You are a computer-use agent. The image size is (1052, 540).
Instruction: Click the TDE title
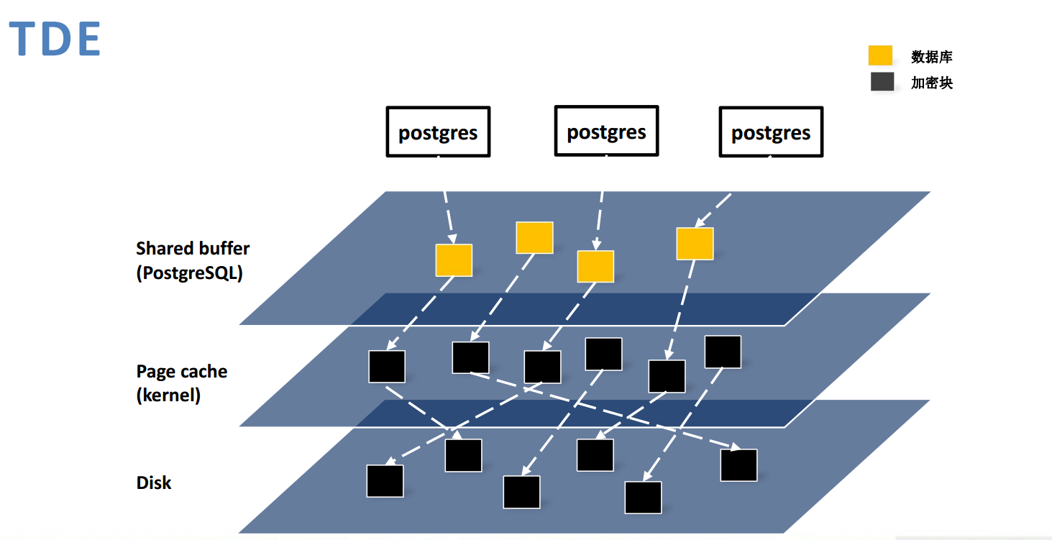[55, 40]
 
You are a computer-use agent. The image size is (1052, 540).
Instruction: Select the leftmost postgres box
[438, 132]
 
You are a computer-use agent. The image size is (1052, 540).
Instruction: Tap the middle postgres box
[606, 131]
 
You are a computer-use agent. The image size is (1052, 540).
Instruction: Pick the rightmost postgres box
[771, 132]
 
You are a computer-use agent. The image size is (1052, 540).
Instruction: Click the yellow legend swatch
[880, 56]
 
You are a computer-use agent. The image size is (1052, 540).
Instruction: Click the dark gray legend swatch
[882, 82]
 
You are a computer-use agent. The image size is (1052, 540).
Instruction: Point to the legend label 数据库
[931, 57]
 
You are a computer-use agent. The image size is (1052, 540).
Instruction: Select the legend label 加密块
[931, 83]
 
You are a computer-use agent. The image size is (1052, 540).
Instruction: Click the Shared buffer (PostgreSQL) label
[193, 260]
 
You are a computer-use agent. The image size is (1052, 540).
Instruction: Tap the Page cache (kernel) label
[181, 383]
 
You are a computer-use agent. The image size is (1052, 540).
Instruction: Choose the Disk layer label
[154, 482]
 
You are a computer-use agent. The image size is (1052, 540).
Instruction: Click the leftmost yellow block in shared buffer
[454, 260]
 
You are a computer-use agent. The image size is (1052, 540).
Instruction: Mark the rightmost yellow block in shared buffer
[695, 244]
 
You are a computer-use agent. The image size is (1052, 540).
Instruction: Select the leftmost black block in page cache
[387, 366]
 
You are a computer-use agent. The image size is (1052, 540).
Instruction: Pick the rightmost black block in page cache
[723, 352]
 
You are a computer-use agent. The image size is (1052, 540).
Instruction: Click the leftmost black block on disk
[385, 481]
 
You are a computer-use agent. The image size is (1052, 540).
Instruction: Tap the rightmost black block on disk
[738, 465]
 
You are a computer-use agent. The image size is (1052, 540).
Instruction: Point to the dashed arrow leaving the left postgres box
[448, 212]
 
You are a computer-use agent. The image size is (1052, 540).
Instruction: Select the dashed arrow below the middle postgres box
[599, 216]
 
